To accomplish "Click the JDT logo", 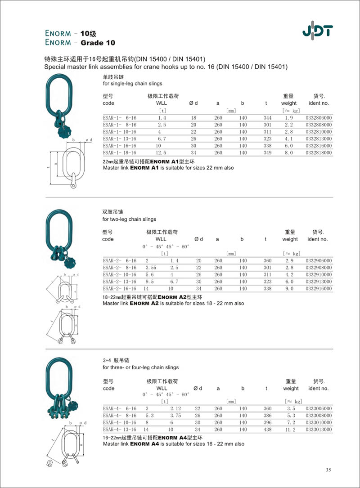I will pyautogui.click(x=317, y=31).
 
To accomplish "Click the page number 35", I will pyautogui.click(x=328, y=470).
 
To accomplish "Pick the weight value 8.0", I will pyautogui.click(x=288, y=153).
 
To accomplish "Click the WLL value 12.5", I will pyautogui.click(x=162, y=153).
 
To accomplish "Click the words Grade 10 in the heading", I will pyautogui.click(x=98, y=43).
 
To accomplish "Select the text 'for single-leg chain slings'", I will pyautogui.click(x=133, y=84).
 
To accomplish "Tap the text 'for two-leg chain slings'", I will pyautogui.click(x=130, y=219).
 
